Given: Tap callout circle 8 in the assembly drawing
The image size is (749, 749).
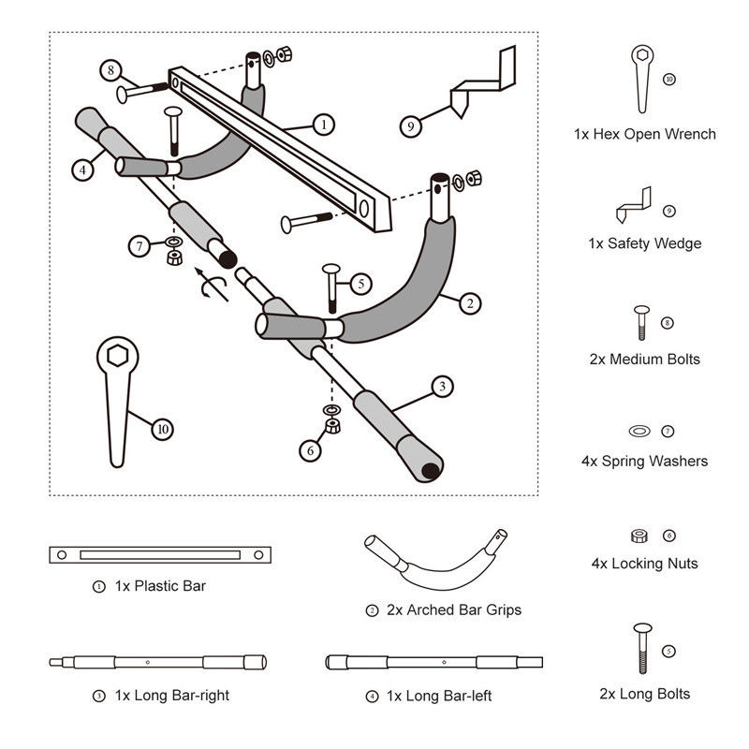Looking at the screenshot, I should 111,70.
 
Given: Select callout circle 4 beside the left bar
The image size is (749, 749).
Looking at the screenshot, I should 84,170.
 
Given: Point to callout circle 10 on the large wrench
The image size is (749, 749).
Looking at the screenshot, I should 164,429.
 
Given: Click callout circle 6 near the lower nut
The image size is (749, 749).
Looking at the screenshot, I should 311,449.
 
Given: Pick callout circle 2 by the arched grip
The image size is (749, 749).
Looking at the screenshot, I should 471,302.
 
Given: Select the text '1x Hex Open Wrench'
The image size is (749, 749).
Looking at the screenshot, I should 645,134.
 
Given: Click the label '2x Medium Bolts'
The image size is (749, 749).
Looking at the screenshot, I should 645,359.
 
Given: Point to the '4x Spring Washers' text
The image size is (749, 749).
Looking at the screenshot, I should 644,461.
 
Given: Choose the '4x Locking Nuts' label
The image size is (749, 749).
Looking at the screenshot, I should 644,564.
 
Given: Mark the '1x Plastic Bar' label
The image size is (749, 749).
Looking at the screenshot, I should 160,586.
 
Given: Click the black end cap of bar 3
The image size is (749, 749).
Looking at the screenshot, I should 430,469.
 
